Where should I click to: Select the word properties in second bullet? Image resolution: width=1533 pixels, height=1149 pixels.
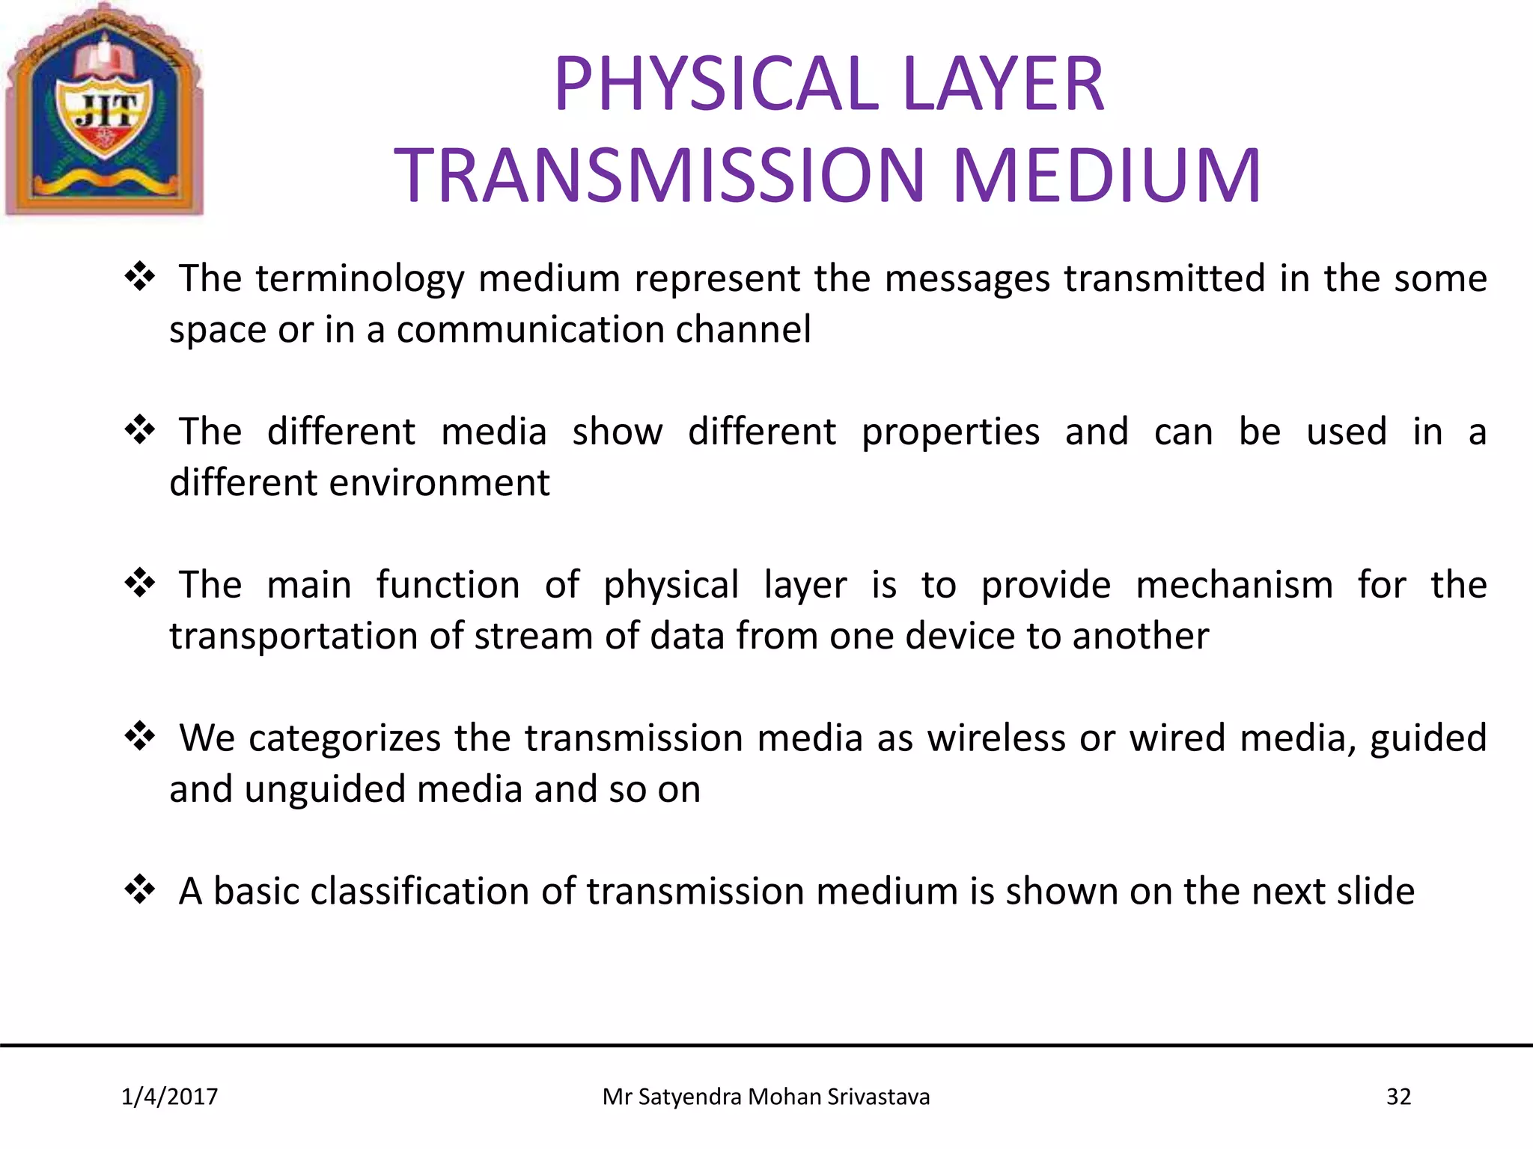pyautogui.click(x=950, y=433)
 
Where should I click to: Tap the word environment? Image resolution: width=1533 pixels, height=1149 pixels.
pyautogui.click(x=439, y=483)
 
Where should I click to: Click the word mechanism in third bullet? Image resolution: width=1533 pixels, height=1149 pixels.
pyautogui.click(x=1234, y=585)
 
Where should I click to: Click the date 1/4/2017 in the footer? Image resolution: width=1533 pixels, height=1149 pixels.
pyautogui.click(x=169, y=1097)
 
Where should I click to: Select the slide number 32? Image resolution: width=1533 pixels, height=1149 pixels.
pyautogui.click(x=1398, y=1097)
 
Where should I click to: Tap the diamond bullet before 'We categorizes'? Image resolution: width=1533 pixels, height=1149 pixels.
pyautogui.click(x=140, y=737)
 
